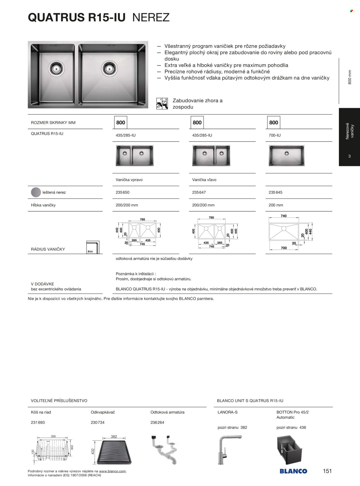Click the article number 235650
coord(123,192)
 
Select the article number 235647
coord(199,192)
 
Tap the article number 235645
coord(276,192)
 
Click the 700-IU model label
coord(274,135)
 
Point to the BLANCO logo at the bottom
coord(293,471)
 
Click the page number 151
coord(327,471)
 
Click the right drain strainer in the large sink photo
coord(109,68)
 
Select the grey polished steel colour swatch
coord(36,192)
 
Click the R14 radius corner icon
coord(93,247)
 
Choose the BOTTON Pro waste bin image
coord(289,450)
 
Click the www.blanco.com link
coord(113,471)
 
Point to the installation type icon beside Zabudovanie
coord(162,104)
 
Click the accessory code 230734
coord(98,423)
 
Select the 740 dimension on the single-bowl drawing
coord(284,216)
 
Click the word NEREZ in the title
coord(151,18)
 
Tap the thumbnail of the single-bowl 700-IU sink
coord(286,155)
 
